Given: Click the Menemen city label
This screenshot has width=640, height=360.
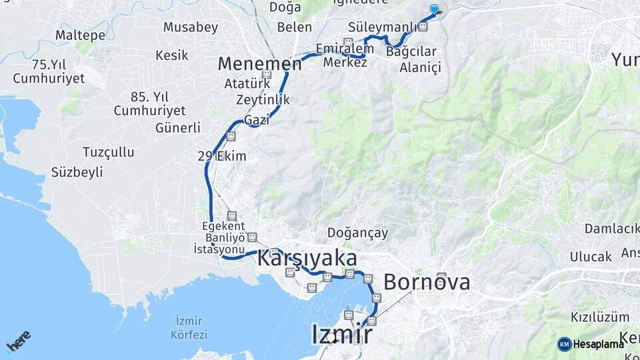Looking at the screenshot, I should click(x=260, y=63).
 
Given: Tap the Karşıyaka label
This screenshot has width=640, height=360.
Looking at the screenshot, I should click(x=307, y=259).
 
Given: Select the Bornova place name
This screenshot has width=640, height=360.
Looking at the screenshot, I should click(x=427, y=282).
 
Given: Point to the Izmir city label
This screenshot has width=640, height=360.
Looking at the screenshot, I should click(x=341, y=334).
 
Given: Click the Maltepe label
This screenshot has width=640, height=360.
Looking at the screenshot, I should click(x=80, y=34).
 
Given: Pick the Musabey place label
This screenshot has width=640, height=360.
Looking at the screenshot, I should click(x=191, y=27).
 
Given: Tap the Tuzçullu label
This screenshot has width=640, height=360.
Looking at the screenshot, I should click(x=108, y=152).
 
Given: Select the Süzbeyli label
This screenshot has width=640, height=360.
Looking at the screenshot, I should click(x=77, y=172).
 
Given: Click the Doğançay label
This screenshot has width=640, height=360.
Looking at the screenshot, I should click(x=357, y=233).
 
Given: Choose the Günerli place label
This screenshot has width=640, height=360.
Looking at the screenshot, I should click(x=177, y=127).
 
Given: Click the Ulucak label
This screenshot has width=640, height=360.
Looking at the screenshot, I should click(x=591, y=257).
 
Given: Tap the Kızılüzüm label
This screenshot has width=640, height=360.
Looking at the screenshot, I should click(x=591, y=317).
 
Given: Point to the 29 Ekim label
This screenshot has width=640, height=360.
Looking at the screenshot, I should click(x=222, y=157).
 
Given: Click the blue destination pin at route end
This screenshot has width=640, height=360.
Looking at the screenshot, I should click(x=435, y=9).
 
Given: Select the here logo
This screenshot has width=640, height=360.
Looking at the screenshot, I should click(x=19, y=341).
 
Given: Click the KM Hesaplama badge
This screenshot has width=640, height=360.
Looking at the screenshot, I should click(x=591, y=344).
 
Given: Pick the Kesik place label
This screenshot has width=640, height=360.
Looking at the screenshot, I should click(x=172, y=55).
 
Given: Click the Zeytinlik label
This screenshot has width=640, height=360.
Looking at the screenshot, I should click(x=263, y=99).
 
